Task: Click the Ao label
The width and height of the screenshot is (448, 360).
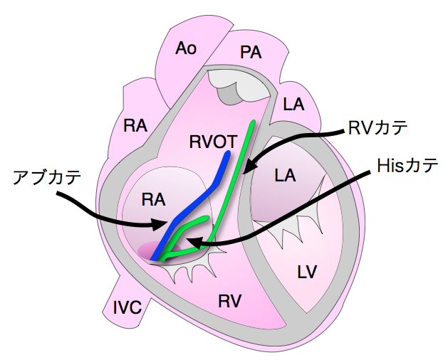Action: coord(186,48)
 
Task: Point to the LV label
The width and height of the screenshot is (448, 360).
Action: coord(306,271)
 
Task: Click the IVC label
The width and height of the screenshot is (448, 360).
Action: coord(127,307)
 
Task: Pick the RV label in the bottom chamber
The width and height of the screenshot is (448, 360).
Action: coord(229,301)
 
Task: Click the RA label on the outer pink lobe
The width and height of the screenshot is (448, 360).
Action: coord(135,126)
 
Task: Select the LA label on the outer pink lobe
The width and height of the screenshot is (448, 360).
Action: coord(293,105)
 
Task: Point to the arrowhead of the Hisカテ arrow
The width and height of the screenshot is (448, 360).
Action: coord(190,244)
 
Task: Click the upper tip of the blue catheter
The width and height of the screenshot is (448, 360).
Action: coord(227,153)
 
